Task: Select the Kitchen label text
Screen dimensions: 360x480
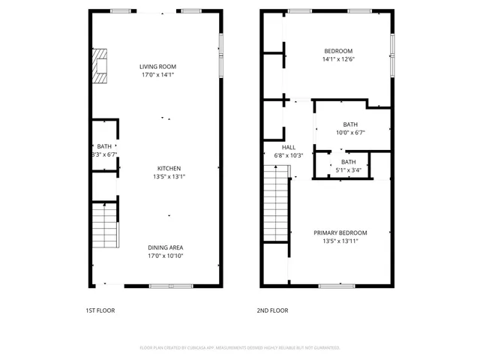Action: pos(169,168)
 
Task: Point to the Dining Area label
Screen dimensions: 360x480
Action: pos(166,247)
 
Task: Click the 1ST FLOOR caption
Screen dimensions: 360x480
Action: pos(100,310)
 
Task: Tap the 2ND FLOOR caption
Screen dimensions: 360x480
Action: pos(274,310)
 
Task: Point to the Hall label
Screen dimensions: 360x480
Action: pos(289,147)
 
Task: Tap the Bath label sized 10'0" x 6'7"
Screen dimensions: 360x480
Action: pos(350,124)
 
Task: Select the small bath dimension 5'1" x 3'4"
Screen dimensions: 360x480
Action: pos(349,170)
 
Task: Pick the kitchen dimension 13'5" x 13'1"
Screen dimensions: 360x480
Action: pos(169,177)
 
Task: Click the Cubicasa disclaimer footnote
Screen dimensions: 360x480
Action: pos(240,348)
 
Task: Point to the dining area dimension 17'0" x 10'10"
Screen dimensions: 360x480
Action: pos(166,256)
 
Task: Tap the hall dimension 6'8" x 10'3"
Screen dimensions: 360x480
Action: pos(289,155)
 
